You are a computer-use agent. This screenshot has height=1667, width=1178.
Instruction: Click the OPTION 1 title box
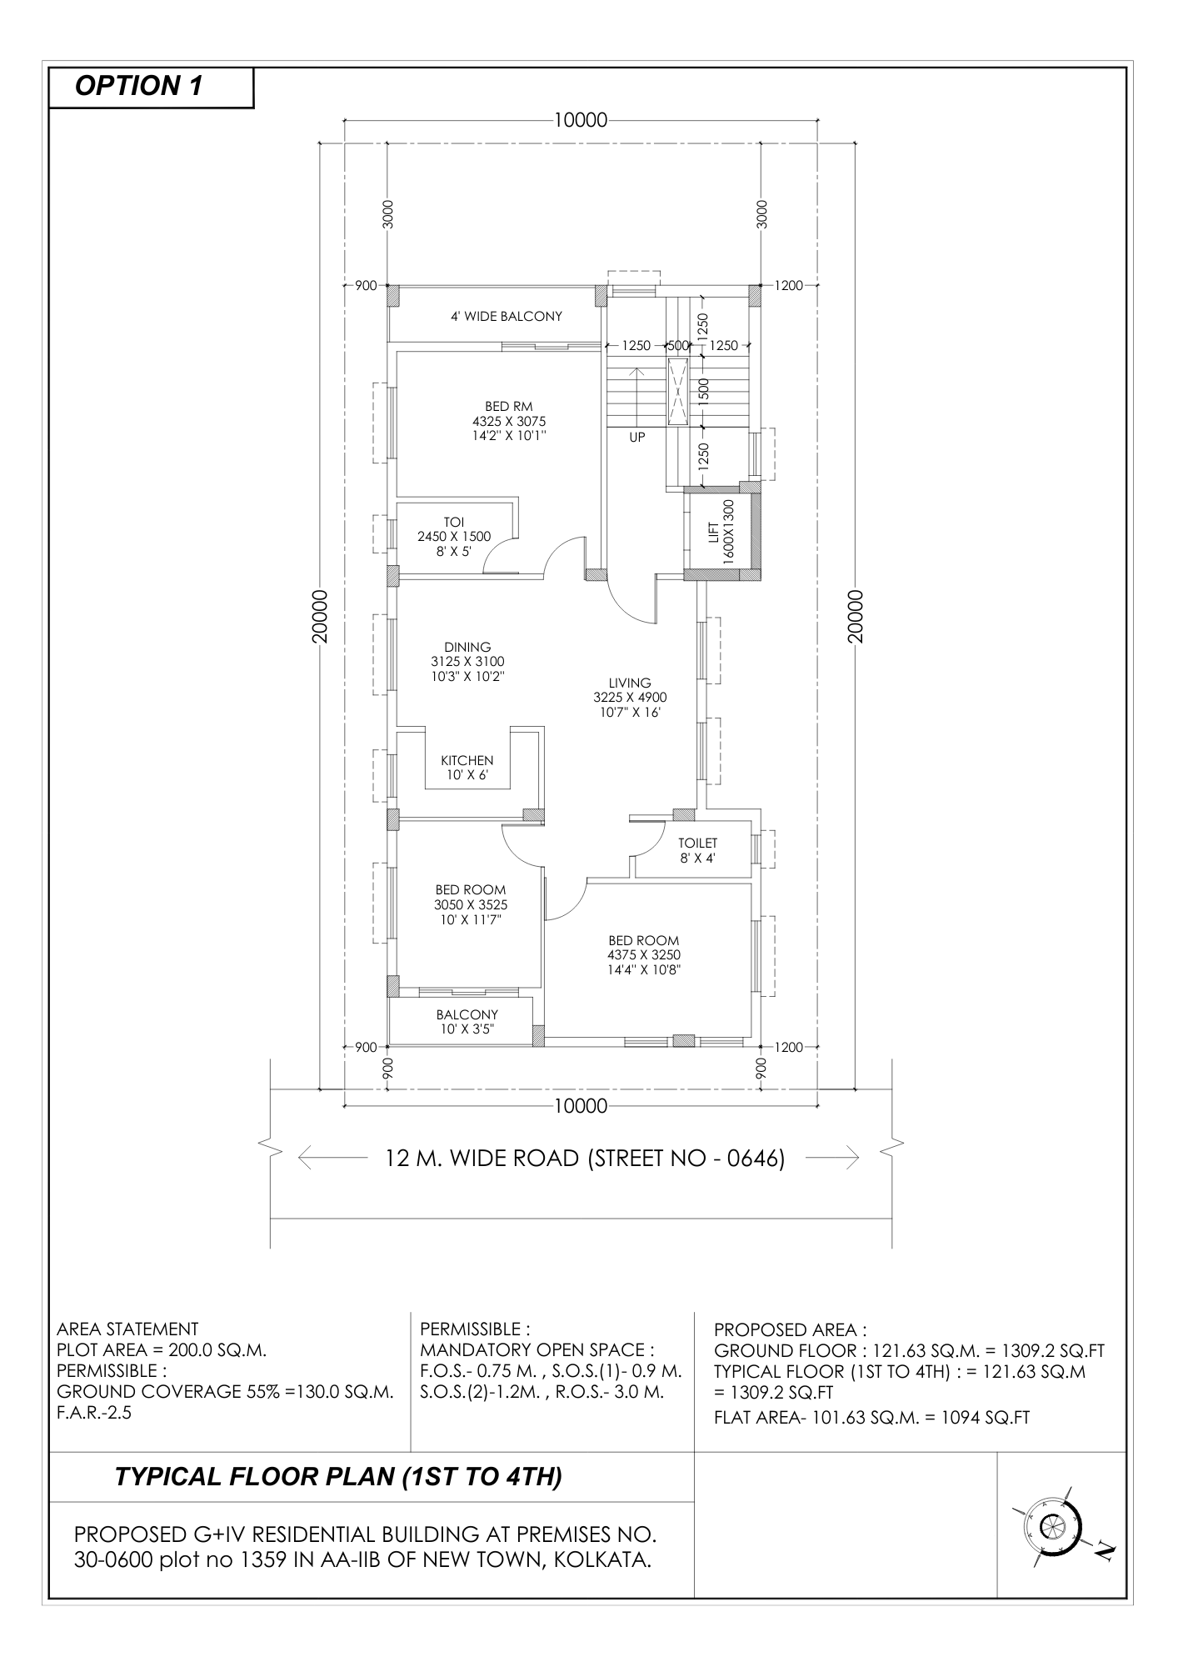(151, 87)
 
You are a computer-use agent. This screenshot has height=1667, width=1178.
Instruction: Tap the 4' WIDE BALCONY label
(507, 317)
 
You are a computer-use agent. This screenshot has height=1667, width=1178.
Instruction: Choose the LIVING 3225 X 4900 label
(630, 698)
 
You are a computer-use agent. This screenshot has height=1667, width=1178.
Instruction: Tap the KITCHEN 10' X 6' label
(467, 768)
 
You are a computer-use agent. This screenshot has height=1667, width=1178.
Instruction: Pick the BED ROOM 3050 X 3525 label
(471, 904)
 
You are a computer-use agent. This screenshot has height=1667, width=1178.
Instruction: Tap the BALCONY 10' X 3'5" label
(467, 1022)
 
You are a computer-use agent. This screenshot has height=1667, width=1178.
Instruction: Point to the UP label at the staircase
(637, 437)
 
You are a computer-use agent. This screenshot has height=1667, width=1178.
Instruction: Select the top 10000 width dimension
(581, 120)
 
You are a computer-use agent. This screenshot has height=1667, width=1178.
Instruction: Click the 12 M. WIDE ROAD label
(585, 1159)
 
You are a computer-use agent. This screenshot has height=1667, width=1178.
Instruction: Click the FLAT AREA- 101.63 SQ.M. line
(871, 1417)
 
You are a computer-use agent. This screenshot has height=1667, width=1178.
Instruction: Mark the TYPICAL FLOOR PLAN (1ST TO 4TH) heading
(338, 1477)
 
